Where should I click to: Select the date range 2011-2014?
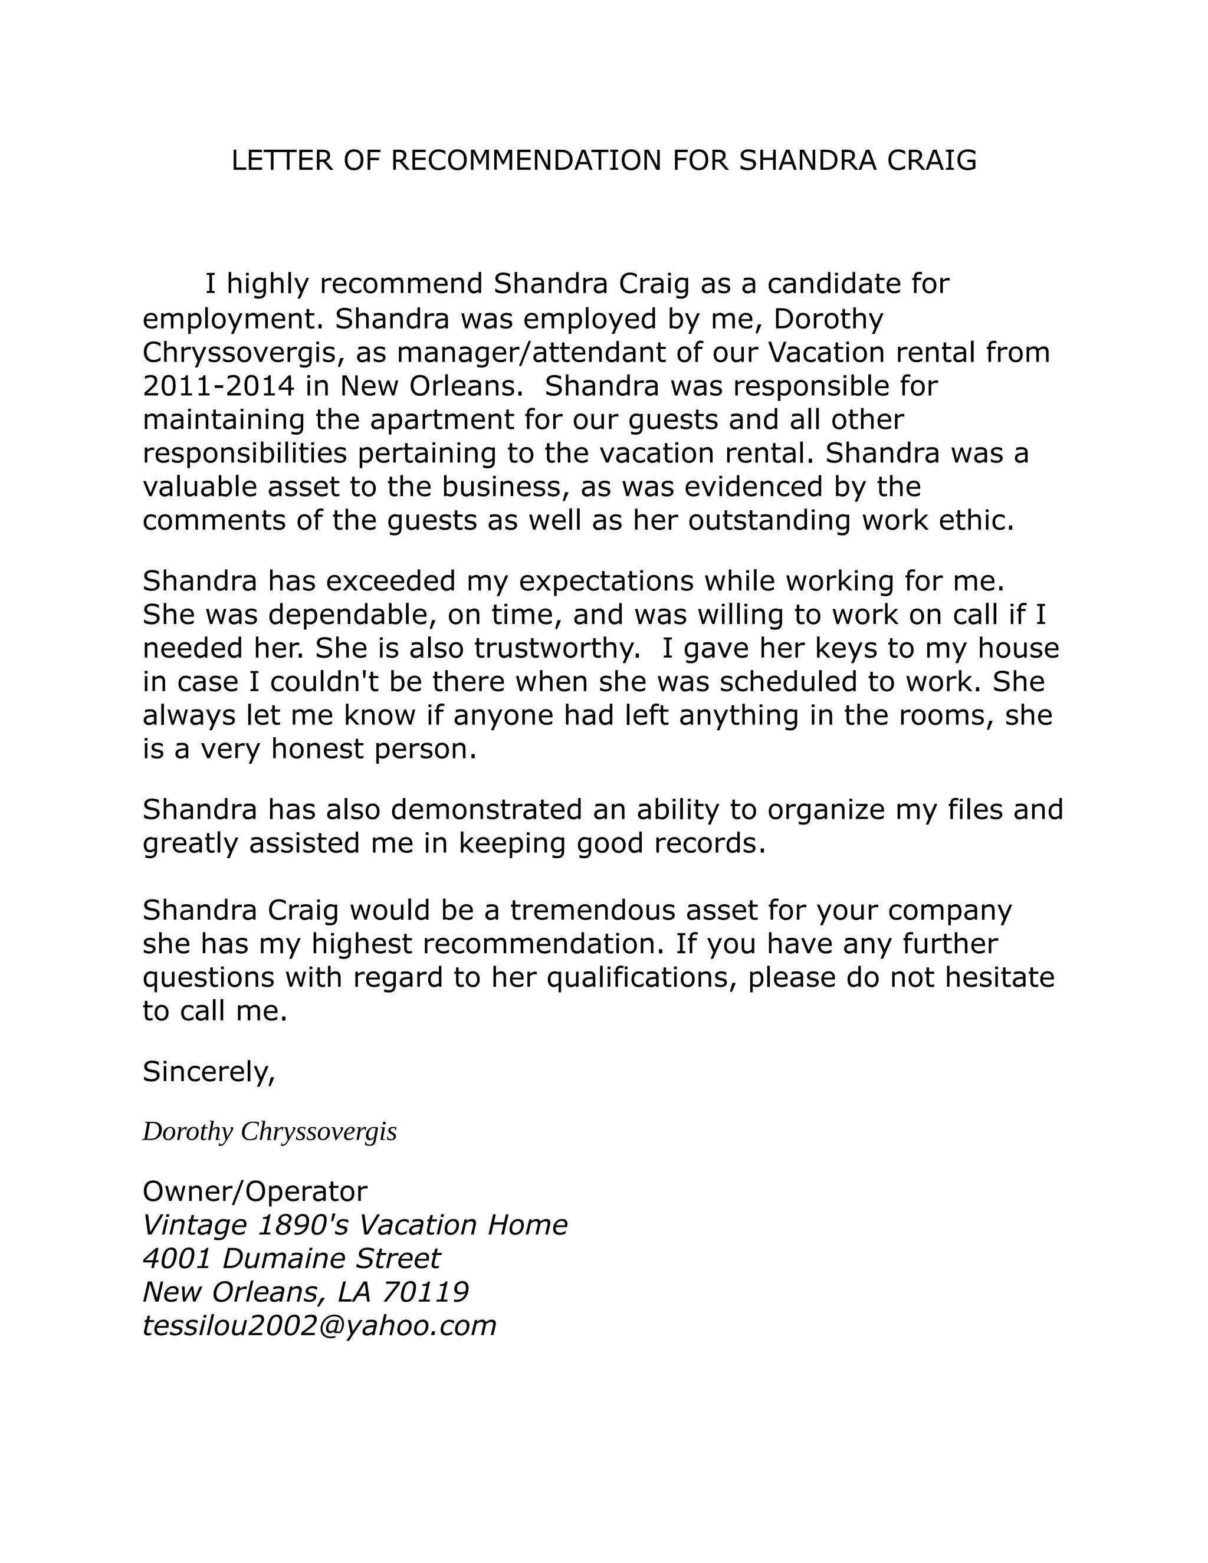(x=219, y=386)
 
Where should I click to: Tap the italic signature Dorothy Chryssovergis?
(x=269, y=1131)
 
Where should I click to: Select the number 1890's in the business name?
(x=302, y=1225)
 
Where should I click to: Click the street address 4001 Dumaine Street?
(x=291, y=1259)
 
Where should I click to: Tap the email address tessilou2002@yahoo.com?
(x=319, y=1326)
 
